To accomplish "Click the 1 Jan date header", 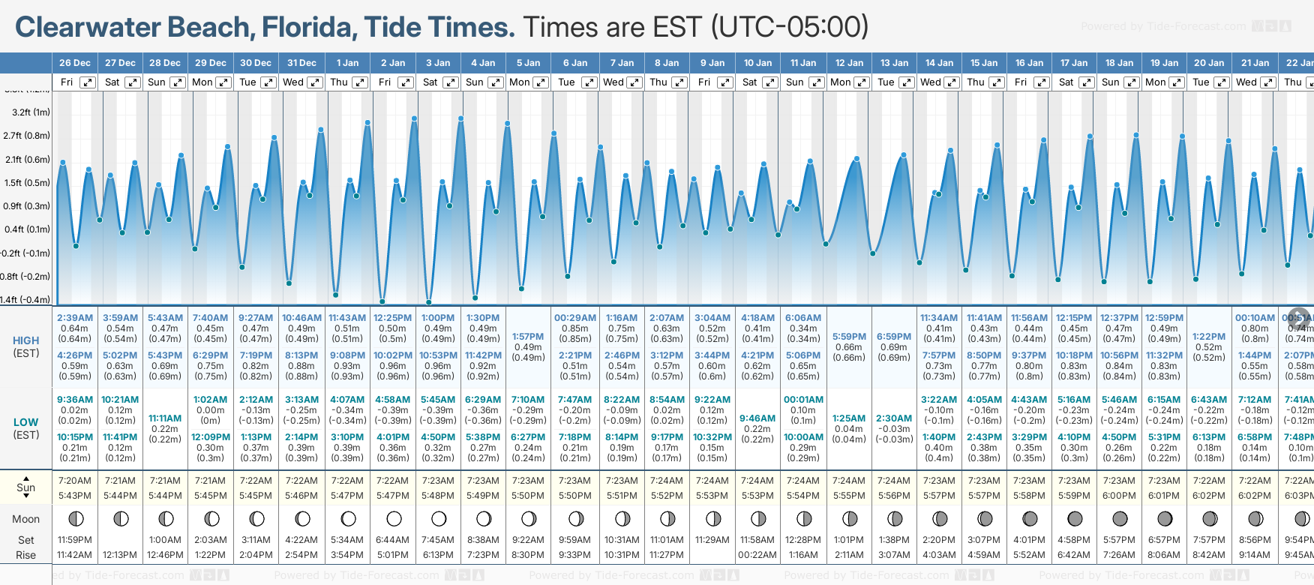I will tap(347, 63).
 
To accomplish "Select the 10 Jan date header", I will tap(757, 63).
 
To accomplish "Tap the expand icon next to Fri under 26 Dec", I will tap(88, 82).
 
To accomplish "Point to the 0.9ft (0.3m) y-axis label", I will tap(27, 206).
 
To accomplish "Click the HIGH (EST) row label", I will tap(26, 346).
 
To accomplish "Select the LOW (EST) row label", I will tap(26, 428).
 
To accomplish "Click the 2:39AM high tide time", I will tap(75, 318).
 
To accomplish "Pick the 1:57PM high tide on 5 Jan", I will tap(528, 337).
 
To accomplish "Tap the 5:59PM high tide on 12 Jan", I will tap(849, 337).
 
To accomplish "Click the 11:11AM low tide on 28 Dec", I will tap(165, 418).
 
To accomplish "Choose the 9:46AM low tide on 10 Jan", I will tap(757, 418).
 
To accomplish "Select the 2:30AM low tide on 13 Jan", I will tap(894, 418).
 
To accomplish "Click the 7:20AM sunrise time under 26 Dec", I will tap(75, 481).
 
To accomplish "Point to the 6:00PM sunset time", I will tap(1119, 496).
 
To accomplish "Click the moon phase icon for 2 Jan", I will tap(394, 518).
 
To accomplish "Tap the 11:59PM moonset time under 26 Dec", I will tap(75, 540).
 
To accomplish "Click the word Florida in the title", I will tap(307, 27).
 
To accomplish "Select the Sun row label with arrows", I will tap(26, 487).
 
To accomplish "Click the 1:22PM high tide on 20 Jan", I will tap(1209, 337).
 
